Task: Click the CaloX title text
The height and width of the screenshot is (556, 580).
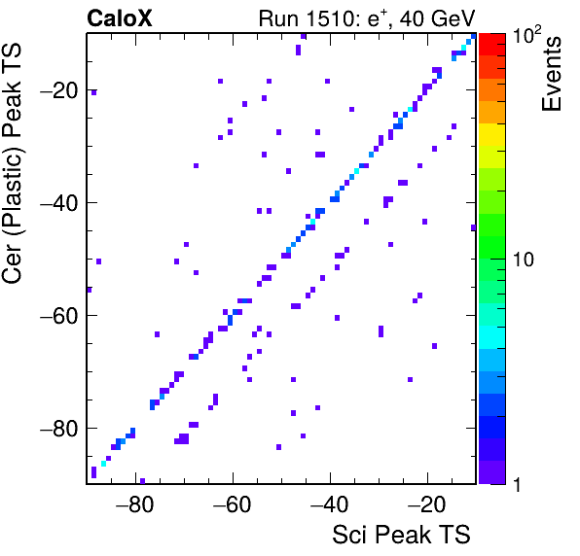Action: (120, 18)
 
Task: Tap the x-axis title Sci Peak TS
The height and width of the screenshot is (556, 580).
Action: (401, 535)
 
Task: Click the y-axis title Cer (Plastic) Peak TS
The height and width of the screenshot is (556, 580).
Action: (12, 163)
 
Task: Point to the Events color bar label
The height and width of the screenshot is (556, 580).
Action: (551, 74)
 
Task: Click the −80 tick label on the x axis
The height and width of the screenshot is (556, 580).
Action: (134, 504)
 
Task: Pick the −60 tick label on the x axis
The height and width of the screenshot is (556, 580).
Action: (232, 504)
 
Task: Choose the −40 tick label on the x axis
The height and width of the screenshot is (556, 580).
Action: (329, 504)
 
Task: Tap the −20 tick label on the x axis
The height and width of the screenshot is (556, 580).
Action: (426, 504)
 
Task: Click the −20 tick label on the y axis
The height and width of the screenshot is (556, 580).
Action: (59, 90)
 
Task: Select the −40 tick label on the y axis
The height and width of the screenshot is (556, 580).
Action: (59, 203)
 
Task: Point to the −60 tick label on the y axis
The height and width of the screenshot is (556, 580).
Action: (59, 316)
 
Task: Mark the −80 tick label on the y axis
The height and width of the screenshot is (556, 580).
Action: (59, 428)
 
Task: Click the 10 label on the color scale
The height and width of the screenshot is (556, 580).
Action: (524, 260)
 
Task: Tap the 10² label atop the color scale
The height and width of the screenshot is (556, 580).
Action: (526, 35)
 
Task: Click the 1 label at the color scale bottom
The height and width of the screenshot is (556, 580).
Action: (517, 484)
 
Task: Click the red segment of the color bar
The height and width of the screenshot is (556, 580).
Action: (492, 45)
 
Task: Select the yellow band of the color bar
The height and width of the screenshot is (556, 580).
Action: (492, 134)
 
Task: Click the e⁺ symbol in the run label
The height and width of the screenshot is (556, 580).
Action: (378, 18)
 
